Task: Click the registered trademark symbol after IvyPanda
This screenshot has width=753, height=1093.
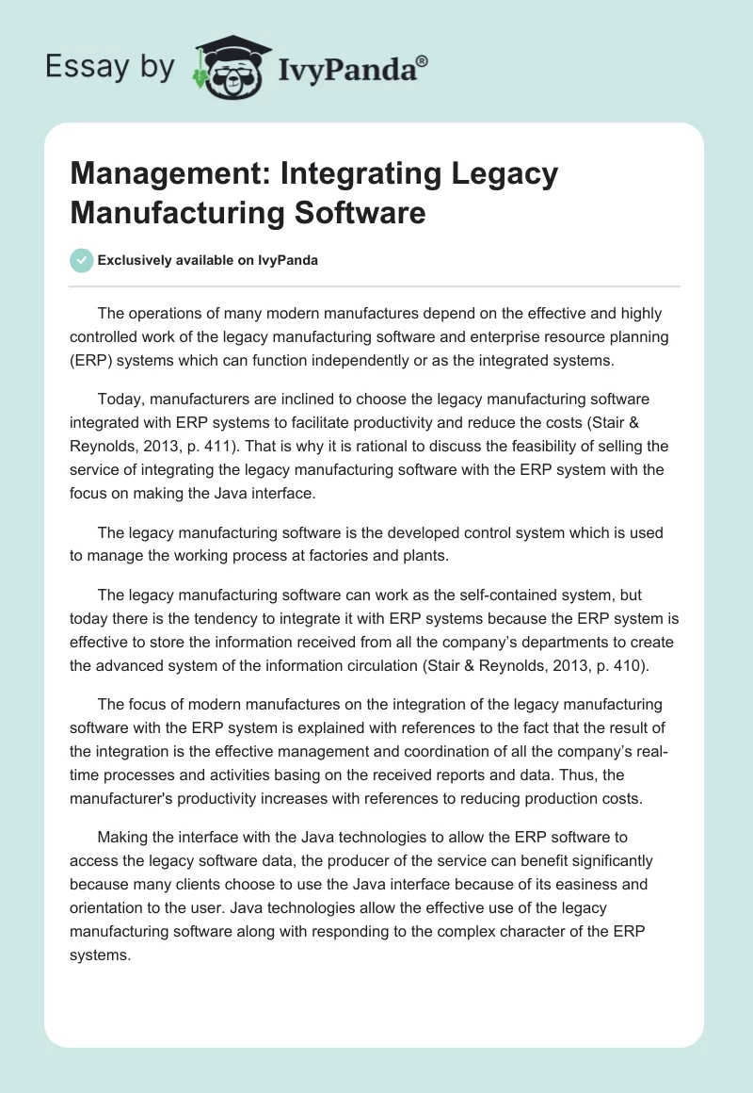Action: tap(423, 60)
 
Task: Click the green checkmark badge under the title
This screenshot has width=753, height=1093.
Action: tap(81, 261)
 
